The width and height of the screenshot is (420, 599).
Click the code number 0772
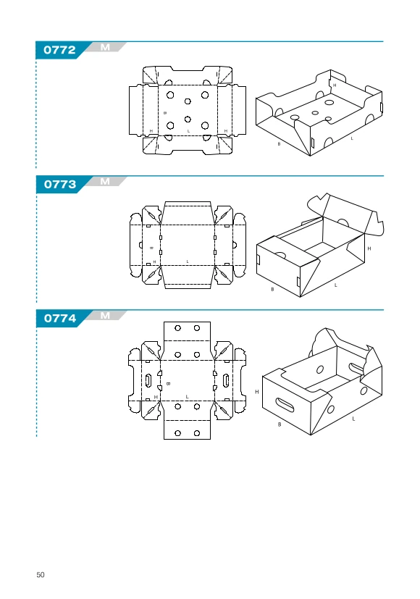pos(59,50)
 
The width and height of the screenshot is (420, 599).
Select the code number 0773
pos(60,185)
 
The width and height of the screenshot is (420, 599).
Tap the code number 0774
pos(60,318)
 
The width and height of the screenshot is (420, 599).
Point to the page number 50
pos(41,574)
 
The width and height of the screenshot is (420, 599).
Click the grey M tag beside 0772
pos(105,47)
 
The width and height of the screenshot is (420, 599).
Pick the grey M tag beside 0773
pos(105,182)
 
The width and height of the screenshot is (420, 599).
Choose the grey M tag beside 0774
pos(105,316)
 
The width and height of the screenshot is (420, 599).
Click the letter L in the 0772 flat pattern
pos(188,131)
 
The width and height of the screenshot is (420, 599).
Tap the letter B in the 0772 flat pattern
pos(165,113)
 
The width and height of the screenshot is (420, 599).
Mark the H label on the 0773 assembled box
pos(369,248)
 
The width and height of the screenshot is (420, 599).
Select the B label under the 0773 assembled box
pos(272,289)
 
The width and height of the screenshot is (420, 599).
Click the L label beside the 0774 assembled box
pos(353,419)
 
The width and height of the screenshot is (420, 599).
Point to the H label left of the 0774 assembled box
pos(257,392)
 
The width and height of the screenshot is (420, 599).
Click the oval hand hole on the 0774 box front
pos(285,405)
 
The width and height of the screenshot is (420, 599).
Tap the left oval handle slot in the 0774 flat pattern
pos(148,380)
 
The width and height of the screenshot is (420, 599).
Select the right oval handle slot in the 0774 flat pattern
pos(226,380)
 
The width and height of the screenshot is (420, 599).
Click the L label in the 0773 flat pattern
pos(188,261)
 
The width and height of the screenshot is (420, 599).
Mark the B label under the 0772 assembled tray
pos(279,144)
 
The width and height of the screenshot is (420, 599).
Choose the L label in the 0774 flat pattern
pos(187,397)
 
